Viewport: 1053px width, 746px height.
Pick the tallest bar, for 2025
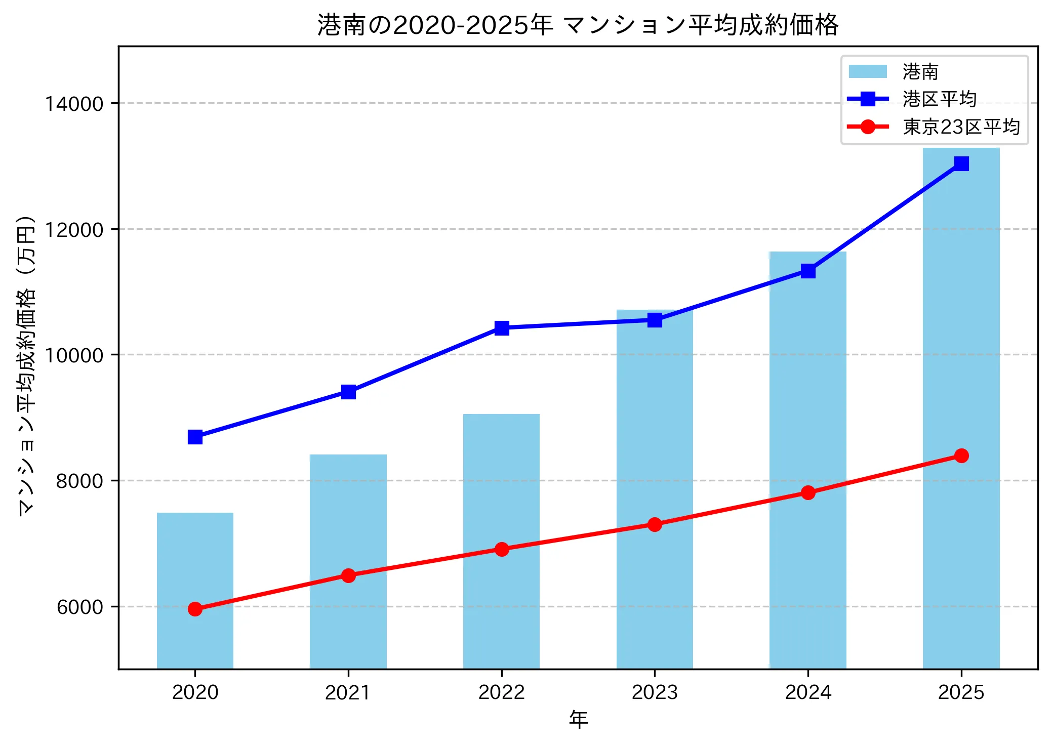click(x=961, y=354)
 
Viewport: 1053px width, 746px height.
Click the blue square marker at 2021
click(x=348, y=392)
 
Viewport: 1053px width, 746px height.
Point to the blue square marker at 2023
click(x=655, y=320)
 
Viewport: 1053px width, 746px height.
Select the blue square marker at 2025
click(x=961, y=163)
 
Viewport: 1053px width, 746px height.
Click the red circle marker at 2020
click(x=195, y=609)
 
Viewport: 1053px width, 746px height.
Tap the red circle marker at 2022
click(x=502, y=549)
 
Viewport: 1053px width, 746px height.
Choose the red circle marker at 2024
click(x=808, y=492)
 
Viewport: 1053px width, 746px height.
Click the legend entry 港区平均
click(x=939, y=99)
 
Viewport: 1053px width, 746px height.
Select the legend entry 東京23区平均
click(x=961, y=127)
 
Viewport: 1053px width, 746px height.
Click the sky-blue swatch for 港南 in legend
click(x=868, y=71)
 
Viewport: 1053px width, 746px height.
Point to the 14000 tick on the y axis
click(x=74, y=104)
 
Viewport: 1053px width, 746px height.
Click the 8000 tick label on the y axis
click(x=79, y=481)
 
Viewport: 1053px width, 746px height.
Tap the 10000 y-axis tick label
click(x=74, y=355)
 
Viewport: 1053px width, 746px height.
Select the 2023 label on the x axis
click(x=655, y=692)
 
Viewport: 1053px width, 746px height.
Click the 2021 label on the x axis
click(x=348, y=692)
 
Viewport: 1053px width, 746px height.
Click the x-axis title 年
click(x=578, y=719)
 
